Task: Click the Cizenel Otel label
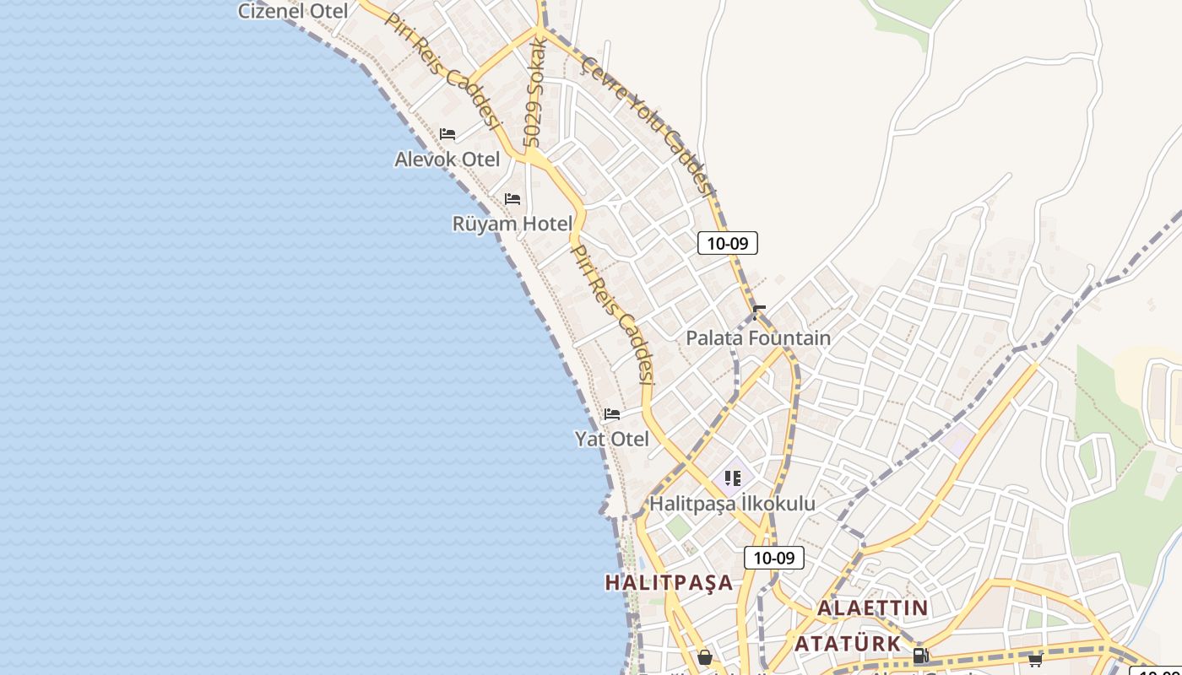tap(293, 11)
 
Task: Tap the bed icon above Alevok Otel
tap(447, 134)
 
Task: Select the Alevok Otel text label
tap(447, 159)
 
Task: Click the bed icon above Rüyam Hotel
tap(512, 199)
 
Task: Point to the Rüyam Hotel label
tap(512, 224)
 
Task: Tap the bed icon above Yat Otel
tap(612, 414)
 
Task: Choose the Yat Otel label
tap(612, 439)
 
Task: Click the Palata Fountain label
tap(758, 338)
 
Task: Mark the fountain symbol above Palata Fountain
tap(759, 312)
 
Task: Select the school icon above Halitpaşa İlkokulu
tap(732, 478)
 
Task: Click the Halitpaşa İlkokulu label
tap(732, 504)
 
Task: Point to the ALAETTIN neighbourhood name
tap(873, 607)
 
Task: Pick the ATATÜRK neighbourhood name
tap(849, 644)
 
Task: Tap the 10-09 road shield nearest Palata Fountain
tap(728, 244)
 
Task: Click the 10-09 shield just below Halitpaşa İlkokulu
tap(774, 558)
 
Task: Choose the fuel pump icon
tap(921, 656)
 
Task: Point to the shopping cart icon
tap(1035, 659)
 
